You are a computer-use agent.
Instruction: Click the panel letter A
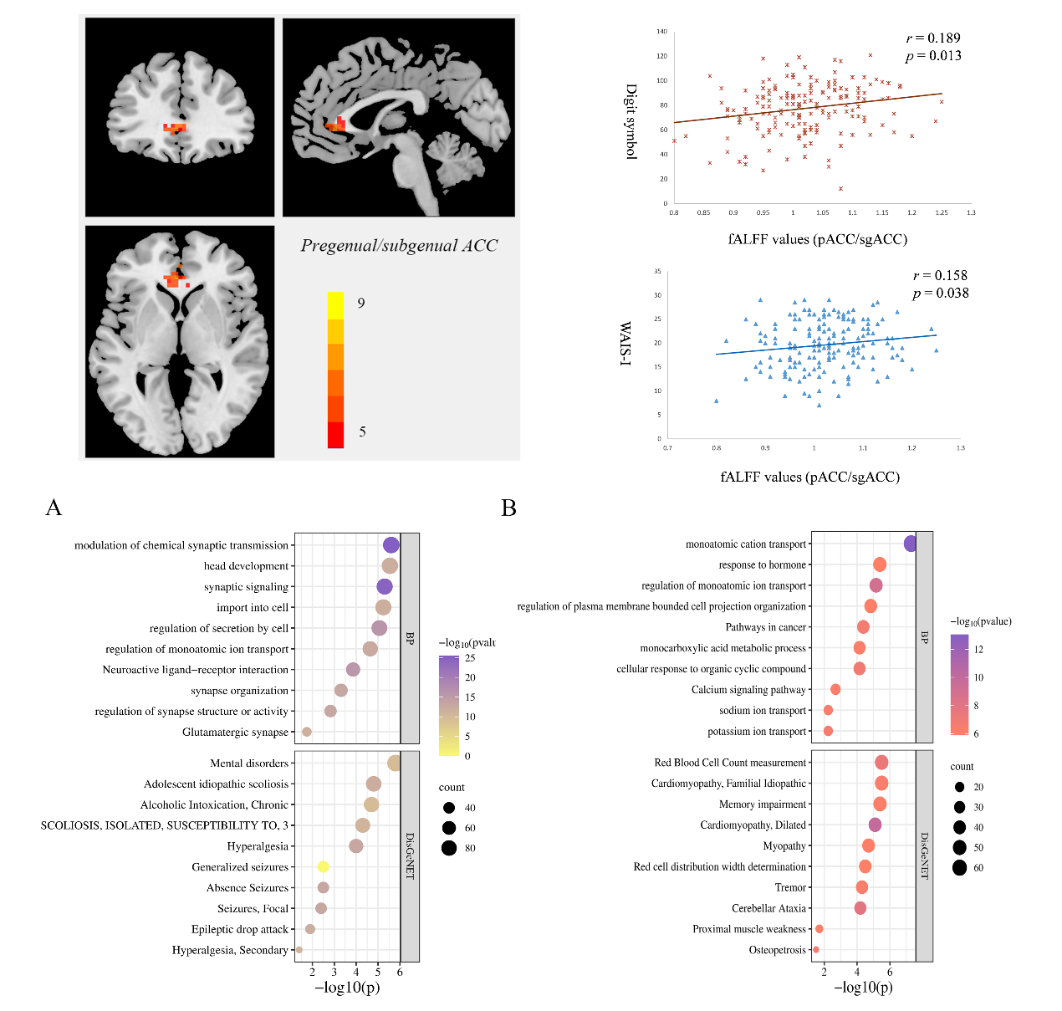(54, 508)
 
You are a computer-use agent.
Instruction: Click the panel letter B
(508, 508)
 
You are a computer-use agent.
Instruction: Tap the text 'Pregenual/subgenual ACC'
(399, 246)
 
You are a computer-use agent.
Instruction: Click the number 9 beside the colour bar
(361, 303)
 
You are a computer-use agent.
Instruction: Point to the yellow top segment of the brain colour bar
(335, 305)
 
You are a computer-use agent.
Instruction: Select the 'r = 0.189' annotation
(933, 38)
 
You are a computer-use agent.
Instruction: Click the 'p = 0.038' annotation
(940, 293)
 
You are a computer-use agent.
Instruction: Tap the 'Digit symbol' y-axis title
(631, 121)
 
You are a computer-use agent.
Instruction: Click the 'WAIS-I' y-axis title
(625, 344)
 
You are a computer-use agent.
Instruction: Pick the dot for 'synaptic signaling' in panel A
(385, 587)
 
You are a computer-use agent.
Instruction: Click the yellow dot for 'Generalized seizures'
(323, 867)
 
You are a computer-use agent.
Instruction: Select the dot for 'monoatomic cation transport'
(911, 544)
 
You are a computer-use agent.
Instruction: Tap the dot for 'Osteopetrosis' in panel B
(816, 950)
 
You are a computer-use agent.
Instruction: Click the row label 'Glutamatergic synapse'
(235, 733)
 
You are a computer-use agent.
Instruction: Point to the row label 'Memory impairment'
(763, 804)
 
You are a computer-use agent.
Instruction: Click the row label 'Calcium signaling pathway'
(748, 690)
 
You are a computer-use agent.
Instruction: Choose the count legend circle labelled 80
(449, 848)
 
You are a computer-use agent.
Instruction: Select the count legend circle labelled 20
(959, 787)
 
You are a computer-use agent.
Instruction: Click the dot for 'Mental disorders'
(394, 763)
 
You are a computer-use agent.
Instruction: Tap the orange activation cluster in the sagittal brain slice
(336, 125)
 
